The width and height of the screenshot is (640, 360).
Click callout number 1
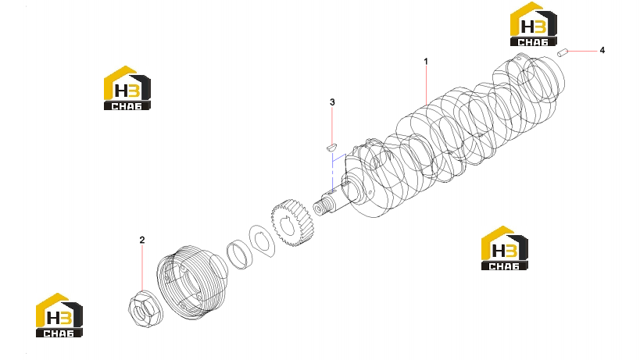tap(426, 62)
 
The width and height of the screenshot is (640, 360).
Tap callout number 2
tap(142, 241)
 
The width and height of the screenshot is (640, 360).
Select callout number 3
tap(332, 102)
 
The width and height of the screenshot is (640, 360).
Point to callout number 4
tap(602, 50)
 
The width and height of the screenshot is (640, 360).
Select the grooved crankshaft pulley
tap(191, 283)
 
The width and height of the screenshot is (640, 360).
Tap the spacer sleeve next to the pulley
tap(240, 255)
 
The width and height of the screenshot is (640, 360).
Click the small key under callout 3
tap(332, 146)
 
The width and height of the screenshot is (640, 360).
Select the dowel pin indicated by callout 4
tap(563, 52)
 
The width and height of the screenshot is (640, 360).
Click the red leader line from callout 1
tap(426, 86)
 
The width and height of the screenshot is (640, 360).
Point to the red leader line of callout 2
tap(142, 268)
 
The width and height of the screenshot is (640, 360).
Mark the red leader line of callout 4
tap(582, 51)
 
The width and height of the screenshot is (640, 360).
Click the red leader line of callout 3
tap(332, 125)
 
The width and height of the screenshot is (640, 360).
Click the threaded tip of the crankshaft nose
tap(320, 207)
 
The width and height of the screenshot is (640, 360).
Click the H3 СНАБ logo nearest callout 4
tap(534, 23)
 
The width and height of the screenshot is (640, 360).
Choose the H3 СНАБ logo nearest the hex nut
tap(59, 315)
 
